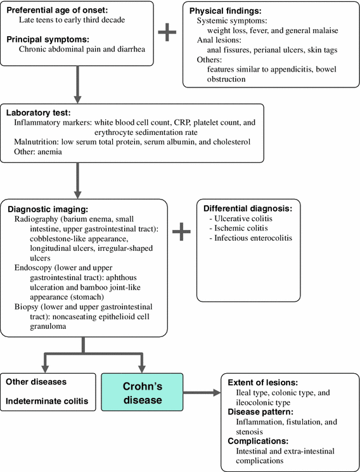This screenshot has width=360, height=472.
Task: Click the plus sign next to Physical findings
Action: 167,32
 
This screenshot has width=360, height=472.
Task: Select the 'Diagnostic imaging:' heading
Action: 49,208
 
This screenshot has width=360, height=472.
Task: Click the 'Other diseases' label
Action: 37,383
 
